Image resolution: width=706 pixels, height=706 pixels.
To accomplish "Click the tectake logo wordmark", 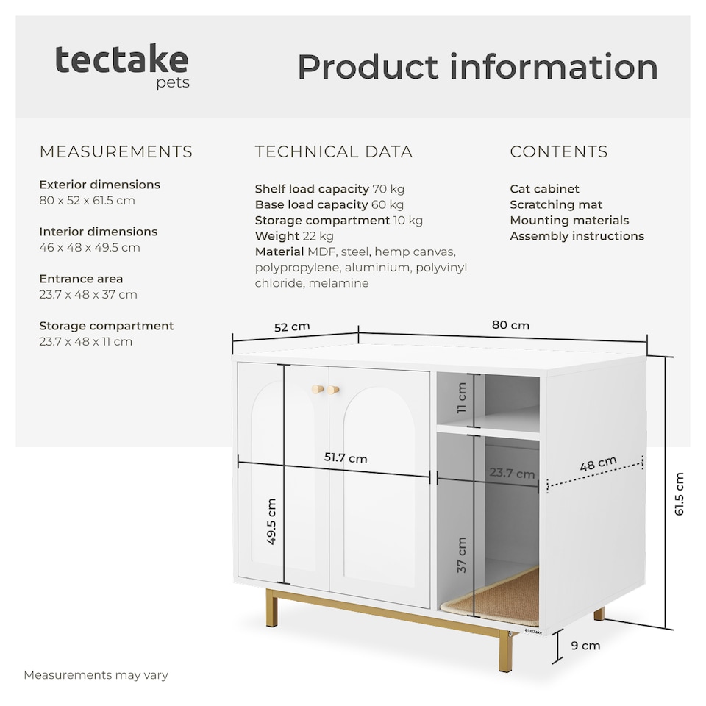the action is pos(121,60).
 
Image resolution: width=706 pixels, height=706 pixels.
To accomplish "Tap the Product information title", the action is pos(478,67).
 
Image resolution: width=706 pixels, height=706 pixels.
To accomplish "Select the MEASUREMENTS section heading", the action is pos(115,151).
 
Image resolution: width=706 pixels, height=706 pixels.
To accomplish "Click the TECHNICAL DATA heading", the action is pos(334,151).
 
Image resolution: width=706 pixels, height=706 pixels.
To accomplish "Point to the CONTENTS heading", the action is pos(559,151).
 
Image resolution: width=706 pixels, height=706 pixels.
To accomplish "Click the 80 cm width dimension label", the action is pos(510,325).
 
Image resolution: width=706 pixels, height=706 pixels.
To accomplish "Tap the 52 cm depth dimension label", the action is pos(292,327).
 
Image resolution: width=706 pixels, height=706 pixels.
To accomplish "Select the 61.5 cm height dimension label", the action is pos(680,493).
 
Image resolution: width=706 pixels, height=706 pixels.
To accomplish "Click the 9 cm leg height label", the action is pos(585,646).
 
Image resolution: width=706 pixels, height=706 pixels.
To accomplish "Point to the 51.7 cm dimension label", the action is pos(346,458).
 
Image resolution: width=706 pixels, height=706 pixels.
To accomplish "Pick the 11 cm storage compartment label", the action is pos(462,398).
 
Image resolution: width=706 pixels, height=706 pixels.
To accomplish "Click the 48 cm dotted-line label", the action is pos(598,463).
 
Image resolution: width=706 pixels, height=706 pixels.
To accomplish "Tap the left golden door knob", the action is pos(318,389).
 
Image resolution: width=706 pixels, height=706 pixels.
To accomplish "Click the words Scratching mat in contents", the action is pos(556,204).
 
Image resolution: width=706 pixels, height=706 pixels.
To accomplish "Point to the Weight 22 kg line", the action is pos(294,236).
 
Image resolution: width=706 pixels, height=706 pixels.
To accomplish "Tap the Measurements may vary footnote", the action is pos(96,675).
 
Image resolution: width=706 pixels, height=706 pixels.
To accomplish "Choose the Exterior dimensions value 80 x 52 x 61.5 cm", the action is pos(87,200).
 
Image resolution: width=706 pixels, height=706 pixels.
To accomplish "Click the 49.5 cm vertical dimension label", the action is pos(271,521).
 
